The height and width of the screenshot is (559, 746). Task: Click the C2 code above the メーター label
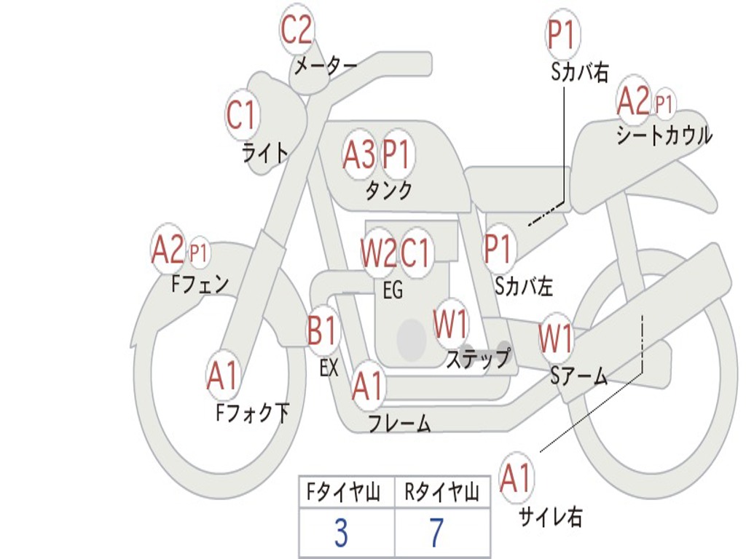click(296, 29)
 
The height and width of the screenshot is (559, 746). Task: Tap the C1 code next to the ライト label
click(242, 114)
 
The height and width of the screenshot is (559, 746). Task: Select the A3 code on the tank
click(358, 154)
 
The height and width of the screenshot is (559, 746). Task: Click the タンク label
click(388, 190)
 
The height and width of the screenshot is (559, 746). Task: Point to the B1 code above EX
click(321, 330)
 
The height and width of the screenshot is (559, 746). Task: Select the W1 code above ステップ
click(450, 324)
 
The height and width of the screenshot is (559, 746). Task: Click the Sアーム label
click(578, 376)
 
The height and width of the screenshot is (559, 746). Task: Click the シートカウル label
click(664, 135)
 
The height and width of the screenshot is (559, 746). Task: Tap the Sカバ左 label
click(523, 286)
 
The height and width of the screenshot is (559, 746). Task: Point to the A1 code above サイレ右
click(516, 477)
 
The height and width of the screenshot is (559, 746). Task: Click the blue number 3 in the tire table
click(341, 533)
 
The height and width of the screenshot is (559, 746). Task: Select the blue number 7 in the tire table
click(437, 533)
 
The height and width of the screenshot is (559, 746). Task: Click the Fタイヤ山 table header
click(343, 492)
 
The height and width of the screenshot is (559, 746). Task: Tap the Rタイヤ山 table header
click(441, 492)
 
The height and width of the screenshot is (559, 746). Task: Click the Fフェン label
click(200, 285)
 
